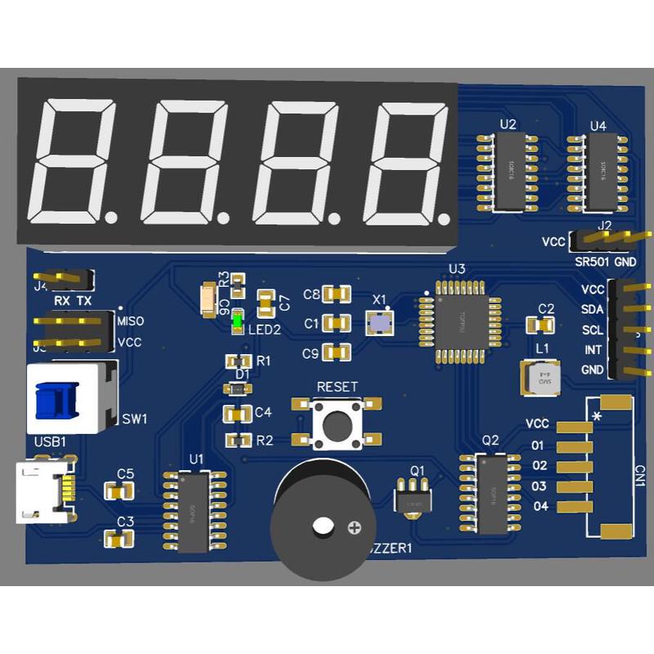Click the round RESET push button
click(336, 425)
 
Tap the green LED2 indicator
click(236, 322)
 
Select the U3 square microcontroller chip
click(452, 319)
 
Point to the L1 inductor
click(540, 379)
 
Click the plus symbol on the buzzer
click(354, 527)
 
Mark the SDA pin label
click(592, 310)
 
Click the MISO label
click(131, 320)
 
